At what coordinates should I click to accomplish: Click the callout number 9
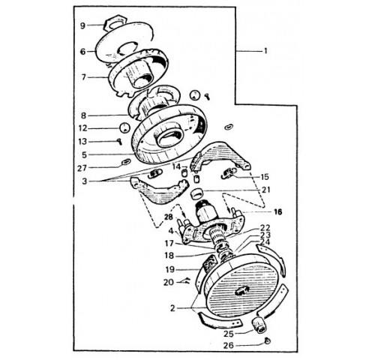coord(82,25)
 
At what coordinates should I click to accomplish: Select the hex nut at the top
coord(115,23)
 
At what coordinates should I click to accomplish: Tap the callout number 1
coord(265,51)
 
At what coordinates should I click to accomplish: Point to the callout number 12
coord(82,128)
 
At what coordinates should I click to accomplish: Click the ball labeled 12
coord(124,128)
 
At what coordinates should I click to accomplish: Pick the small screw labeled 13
coord(119,142)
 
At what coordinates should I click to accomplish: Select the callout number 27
coord(82,168)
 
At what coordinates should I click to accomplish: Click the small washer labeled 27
coord(124,162)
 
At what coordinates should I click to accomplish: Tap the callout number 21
coord(266,190)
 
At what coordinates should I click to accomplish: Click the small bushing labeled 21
coord(196,194)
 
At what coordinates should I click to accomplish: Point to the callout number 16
coord(277,212)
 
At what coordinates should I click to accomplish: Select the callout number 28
coord(169,217)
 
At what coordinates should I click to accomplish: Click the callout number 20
coord(169,282)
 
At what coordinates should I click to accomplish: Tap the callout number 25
coord(229,334)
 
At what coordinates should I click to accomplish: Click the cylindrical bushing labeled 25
coord(259,325)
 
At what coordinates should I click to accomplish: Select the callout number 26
coord(229,346)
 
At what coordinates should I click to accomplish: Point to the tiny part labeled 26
coord(267,340)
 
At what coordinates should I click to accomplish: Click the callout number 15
coord(265,177)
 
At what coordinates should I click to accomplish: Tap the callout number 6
coord(82,52)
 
